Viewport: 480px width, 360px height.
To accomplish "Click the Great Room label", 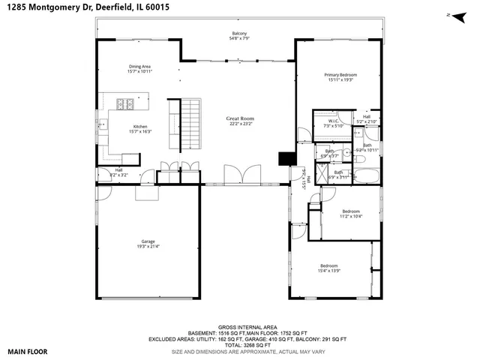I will point(241,118).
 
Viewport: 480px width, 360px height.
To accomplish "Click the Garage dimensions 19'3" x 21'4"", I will point(147,246).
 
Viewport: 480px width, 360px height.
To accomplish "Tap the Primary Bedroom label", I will point(340,75).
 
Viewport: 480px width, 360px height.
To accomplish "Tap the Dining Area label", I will point(140,67).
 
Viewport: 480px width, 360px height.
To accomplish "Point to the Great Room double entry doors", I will point(241,174).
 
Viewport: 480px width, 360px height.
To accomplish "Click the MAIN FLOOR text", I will point(27,350).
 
